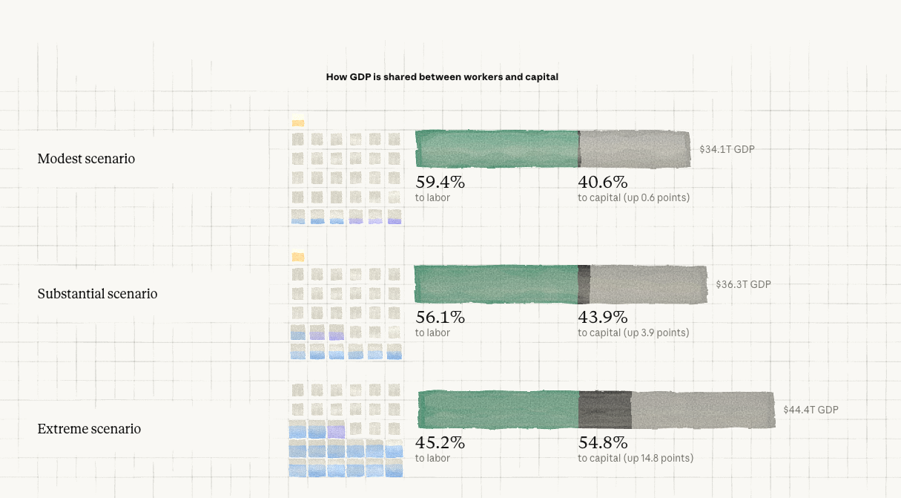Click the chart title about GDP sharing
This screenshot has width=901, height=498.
pos(442,77)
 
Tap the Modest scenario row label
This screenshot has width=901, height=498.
pos(86,159)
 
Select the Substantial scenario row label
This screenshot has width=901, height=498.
pos(97,293)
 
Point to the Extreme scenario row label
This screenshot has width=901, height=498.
pos(89,428)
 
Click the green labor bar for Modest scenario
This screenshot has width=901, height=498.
pos(497,149)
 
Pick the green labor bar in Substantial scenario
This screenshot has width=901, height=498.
pos(496,284)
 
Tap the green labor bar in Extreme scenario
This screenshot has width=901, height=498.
pos(498,410)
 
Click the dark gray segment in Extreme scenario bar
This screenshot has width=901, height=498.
pos(605,410)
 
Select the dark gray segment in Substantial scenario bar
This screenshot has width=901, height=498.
pos(584,284)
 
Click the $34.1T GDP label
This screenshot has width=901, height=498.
pos(727,149)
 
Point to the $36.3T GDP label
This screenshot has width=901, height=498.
pos(743,284)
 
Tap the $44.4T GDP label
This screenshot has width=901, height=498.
pos(811,410)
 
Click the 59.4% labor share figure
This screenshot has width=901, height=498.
pos(440,183)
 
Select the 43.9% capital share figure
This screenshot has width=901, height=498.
pos(603,317)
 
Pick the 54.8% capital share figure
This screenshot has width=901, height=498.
pos(603,443)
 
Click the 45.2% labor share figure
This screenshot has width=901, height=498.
pos(440,443)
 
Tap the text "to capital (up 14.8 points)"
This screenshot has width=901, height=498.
pos(636,458)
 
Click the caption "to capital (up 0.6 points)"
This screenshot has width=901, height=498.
pos(633,197)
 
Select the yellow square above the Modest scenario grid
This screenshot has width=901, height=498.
pos(298,122)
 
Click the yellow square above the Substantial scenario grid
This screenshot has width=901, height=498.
pos(298,257)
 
